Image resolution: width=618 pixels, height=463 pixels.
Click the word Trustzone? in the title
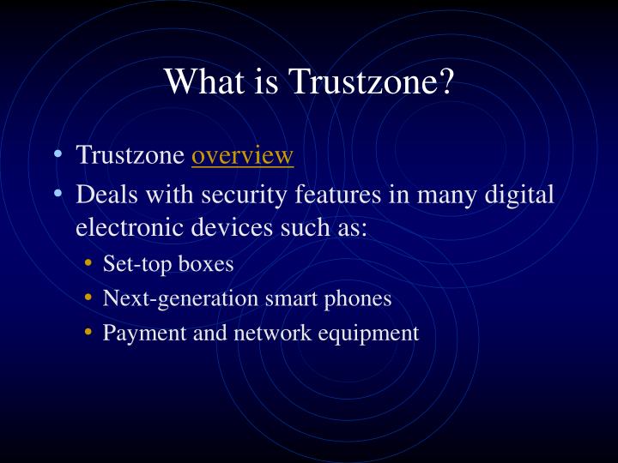pyautogui.click(x=372, y=81)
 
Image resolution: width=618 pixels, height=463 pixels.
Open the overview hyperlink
pyautogui.click(x=243, y=155)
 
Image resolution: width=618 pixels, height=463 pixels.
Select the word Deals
pyautogui.click(x=106, y=195)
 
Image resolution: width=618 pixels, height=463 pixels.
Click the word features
pyautogui.click(x=334, y=195)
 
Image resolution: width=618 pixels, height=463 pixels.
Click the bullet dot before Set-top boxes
pyautogui.click(x=90, y=264)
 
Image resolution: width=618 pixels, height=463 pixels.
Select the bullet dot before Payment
pyautogui.click(x=90, y=333)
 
